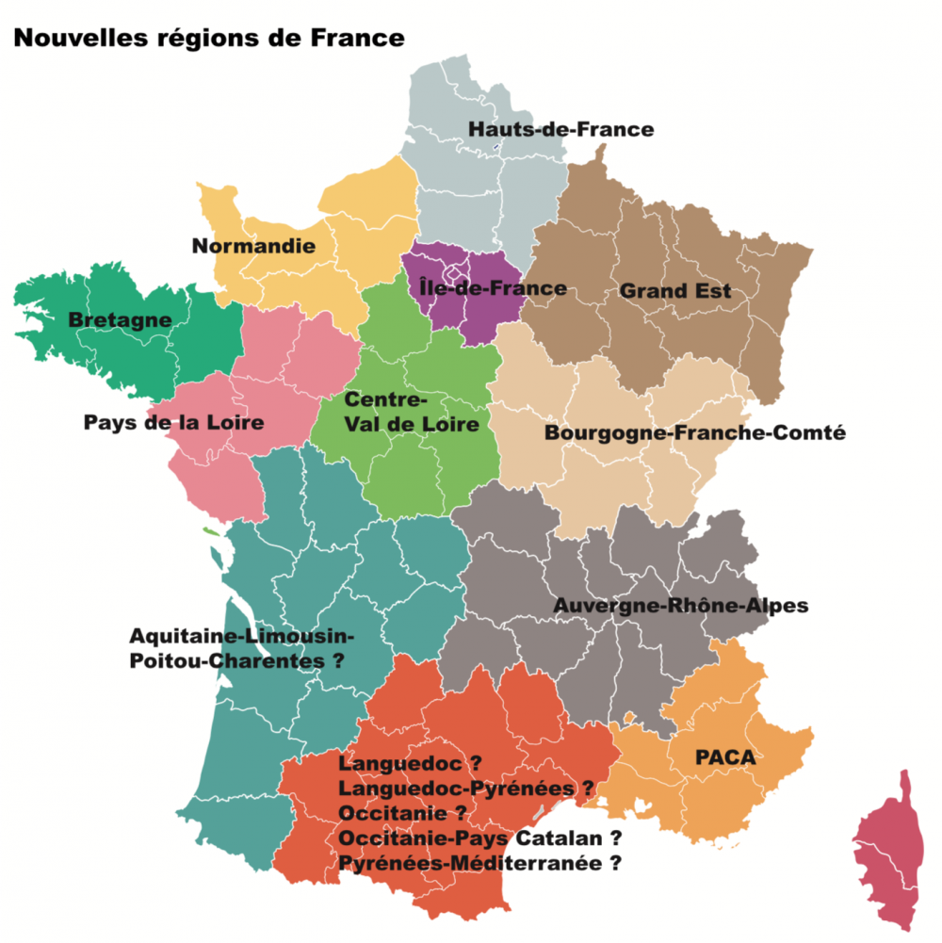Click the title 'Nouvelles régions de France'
208,39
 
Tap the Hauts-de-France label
560,129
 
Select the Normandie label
253,247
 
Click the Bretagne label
121,320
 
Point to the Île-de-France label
494,287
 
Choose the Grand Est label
675,291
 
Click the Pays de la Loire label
174,422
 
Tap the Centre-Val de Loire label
412,412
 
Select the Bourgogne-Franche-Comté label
695,433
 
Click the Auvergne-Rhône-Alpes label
681,605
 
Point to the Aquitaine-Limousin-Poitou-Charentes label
239,647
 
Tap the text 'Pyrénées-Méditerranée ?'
480,862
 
